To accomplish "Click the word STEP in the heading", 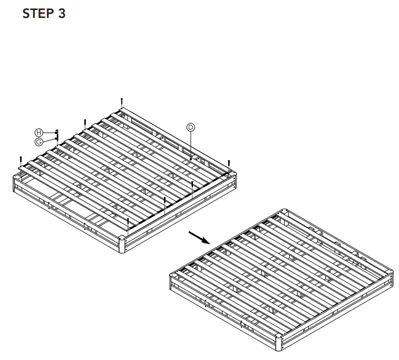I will tap(36, 14).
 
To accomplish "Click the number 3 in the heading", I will tap(62, 14).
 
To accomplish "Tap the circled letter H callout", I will tap(38, 132).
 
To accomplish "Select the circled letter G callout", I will tap(38, 142).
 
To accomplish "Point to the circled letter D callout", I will tap(190, 127).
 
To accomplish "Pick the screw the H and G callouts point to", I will tap(57, 135).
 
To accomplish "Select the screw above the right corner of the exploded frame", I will tap(229, 163).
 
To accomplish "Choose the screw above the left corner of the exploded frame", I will tap(20, 159).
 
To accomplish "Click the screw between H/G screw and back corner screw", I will tap(85, 122).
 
